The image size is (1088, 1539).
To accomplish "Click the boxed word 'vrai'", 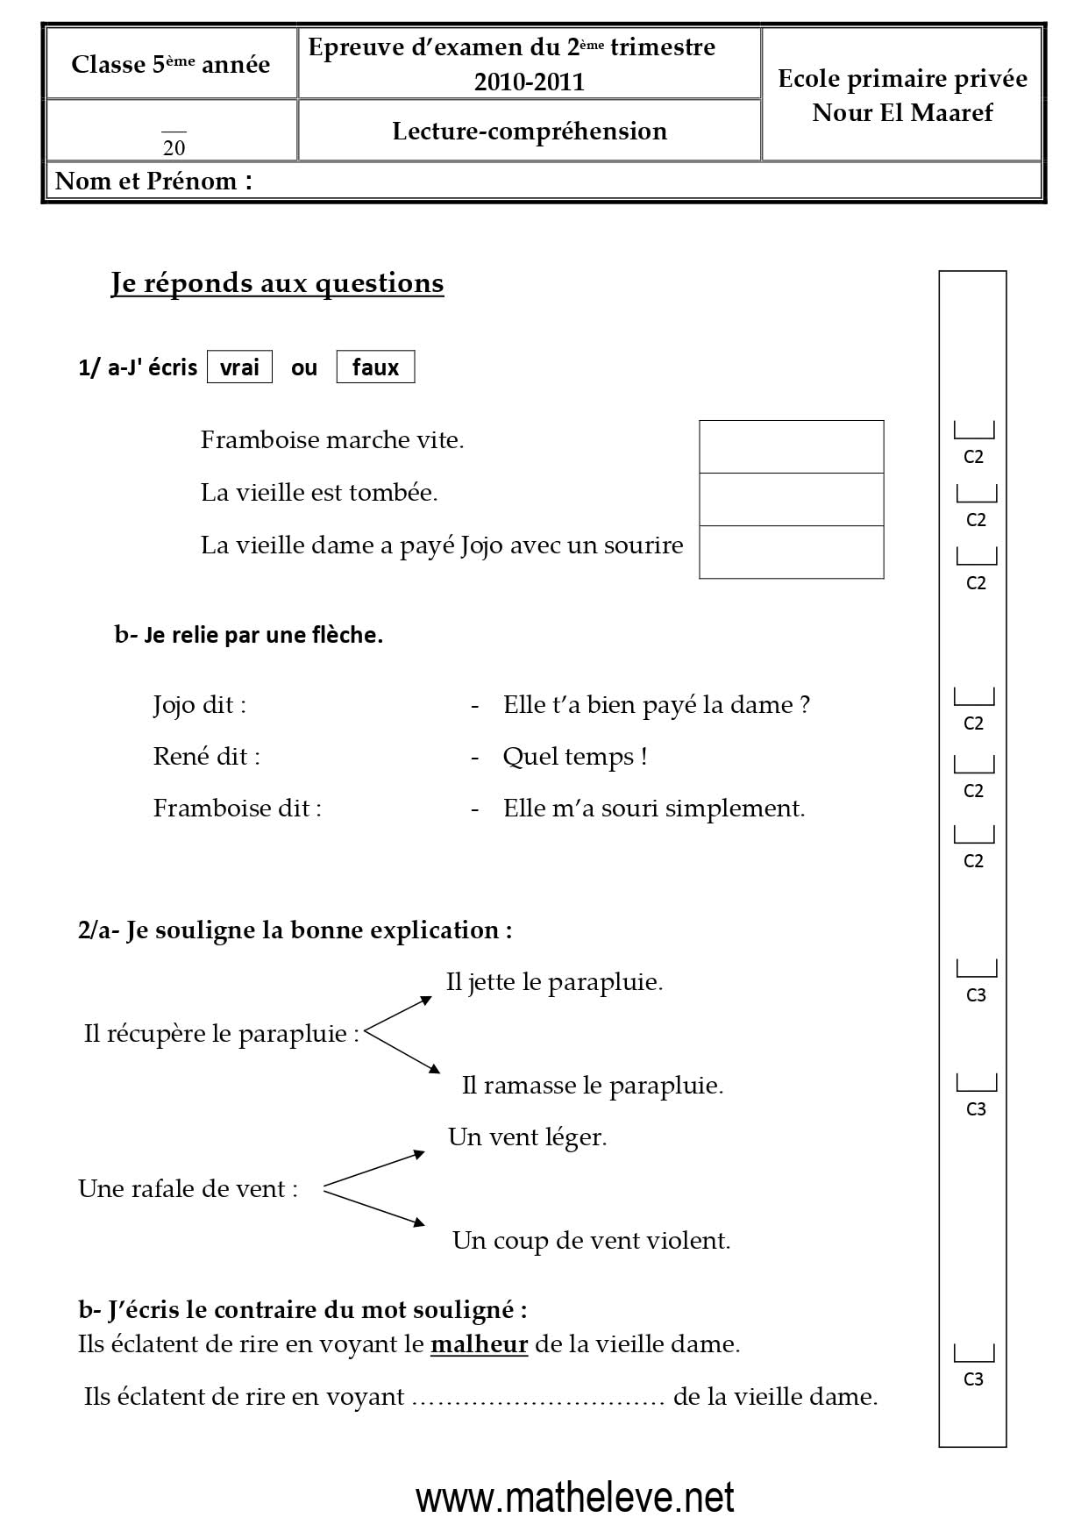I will point(239,367).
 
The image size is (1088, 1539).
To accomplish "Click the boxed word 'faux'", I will point(375,367).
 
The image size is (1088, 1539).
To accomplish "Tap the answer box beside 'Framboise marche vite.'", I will point(791,447).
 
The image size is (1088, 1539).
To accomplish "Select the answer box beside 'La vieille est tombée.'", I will point(791,500).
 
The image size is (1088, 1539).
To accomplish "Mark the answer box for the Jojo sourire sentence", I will point(791,552).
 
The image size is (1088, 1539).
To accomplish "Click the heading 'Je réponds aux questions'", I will point(277,283).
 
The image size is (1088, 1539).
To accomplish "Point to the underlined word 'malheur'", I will point(479,1343).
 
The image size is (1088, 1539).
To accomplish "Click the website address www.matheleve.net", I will point(575,1498).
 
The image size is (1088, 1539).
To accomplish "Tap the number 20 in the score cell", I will point(174,147).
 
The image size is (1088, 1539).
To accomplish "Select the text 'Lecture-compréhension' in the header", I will point(530,131).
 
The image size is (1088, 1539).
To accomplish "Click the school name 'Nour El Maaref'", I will point(902,112).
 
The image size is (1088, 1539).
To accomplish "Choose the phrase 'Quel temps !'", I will point(575,757).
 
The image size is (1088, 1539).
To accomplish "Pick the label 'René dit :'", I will point(206,757).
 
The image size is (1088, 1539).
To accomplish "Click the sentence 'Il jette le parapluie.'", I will point(554,982).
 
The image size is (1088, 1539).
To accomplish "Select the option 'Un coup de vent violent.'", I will point(591,1240).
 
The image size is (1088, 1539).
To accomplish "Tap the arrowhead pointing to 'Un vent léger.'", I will point(420,1154).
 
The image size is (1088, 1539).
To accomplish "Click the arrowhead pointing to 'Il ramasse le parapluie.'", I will point(434,1068).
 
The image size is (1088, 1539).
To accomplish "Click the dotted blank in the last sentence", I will point(537,1397).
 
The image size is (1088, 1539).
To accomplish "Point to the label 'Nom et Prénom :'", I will point(153,182).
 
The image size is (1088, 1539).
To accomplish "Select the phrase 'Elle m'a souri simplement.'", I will point(654,808).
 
